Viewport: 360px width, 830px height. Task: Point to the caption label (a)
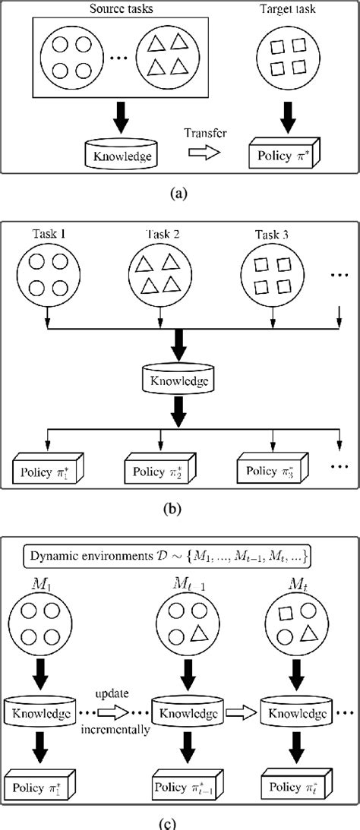click(x=180, y=194)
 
